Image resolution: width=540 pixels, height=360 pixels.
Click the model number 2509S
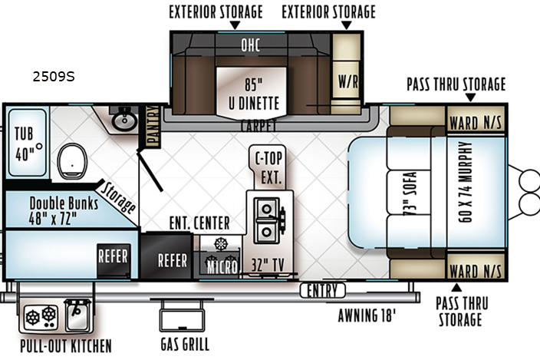[54, 77]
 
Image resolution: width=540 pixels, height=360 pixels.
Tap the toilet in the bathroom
[72, 161]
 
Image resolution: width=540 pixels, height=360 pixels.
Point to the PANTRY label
[153, 126]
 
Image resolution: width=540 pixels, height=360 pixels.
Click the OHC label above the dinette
[250, 45]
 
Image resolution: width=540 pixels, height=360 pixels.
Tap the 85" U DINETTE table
[252, 92]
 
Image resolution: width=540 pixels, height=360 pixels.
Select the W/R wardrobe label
[347, 81]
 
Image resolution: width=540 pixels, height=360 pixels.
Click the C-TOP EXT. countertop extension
[268, 168]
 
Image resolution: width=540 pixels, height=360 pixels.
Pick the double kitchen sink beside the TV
[267, 220]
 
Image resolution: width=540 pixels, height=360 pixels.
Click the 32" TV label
[268, 265]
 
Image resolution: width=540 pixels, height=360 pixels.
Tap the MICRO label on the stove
[222, 267]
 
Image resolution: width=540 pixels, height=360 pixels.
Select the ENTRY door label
[322, 290]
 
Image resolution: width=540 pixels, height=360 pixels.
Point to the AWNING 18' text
[367, 315]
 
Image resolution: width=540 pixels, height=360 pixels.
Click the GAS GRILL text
[185, 344]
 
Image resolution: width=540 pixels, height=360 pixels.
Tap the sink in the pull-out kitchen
[78, 315]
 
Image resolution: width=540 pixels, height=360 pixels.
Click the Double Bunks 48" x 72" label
[64, 210]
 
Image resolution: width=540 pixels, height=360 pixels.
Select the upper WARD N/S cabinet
[476, 119]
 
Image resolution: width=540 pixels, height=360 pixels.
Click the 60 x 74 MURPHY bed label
[465, 182]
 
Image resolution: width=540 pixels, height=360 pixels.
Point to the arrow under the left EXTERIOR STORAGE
[235, 25]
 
